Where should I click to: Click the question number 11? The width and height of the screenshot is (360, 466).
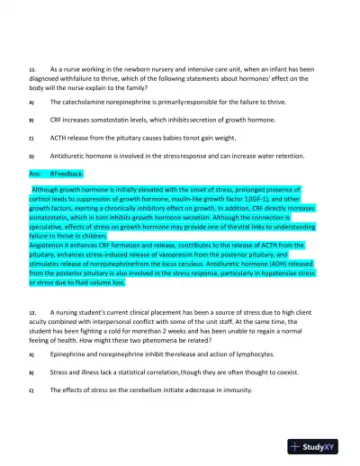31,68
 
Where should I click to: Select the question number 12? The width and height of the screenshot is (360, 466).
31,309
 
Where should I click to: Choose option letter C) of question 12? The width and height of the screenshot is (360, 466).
31,389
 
